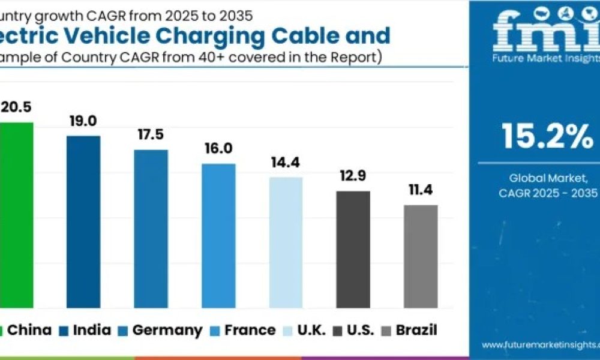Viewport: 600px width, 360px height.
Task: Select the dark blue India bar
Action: (x=83, y=221)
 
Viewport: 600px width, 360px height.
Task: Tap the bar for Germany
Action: (x=151, y=229)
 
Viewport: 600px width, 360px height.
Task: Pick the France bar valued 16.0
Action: (x=218, y=235)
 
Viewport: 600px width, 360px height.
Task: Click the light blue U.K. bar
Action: (x=286, y=242)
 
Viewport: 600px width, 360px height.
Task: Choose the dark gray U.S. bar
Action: (x=353, y=249)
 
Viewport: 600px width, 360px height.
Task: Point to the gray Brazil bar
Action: (x=421, y=256)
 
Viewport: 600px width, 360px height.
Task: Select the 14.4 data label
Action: (x=285, y=163)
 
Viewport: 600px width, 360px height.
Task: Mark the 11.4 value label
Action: (x=420, y=190)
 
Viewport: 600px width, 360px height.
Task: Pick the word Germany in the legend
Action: (x=167, y=330)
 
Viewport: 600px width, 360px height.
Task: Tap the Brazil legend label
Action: (x=417, y=330)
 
